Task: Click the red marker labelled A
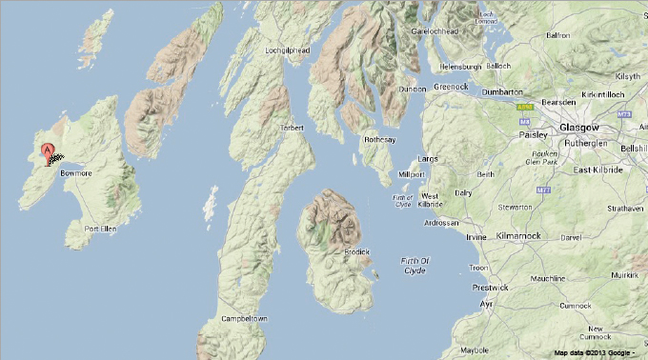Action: click(47, 150)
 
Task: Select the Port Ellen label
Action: click(100, 230)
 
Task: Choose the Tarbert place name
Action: click(291, 128)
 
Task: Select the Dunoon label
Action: click(413, 89)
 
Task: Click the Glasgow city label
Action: click(579, 127)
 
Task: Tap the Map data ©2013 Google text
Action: click(594, 353)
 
